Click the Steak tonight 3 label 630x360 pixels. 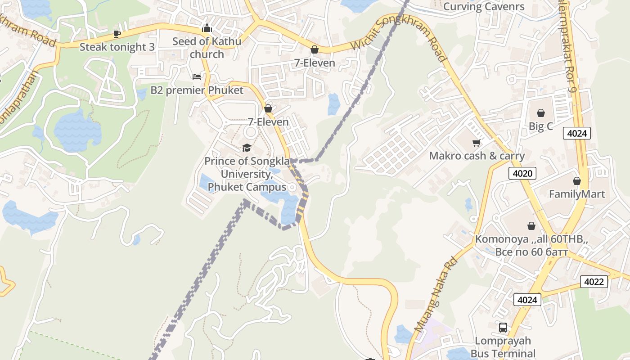117,47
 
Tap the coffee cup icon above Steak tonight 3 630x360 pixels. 117,34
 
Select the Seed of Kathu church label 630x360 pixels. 207,48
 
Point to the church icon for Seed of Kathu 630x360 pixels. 207,28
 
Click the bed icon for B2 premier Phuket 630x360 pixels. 197,77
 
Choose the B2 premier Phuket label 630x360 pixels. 197,90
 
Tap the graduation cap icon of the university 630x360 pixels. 247,148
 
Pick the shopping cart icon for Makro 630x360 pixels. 476,143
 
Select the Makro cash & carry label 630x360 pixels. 477,156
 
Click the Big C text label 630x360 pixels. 540,126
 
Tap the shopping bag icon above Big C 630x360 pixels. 540,113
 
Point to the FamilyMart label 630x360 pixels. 577,194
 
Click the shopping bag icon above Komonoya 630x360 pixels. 531,226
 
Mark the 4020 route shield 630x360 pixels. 522,173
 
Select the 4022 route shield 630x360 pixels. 594,282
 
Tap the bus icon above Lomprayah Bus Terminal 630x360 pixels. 503,328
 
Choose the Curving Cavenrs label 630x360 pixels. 484,7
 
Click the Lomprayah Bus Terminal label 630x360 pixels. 503,347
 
